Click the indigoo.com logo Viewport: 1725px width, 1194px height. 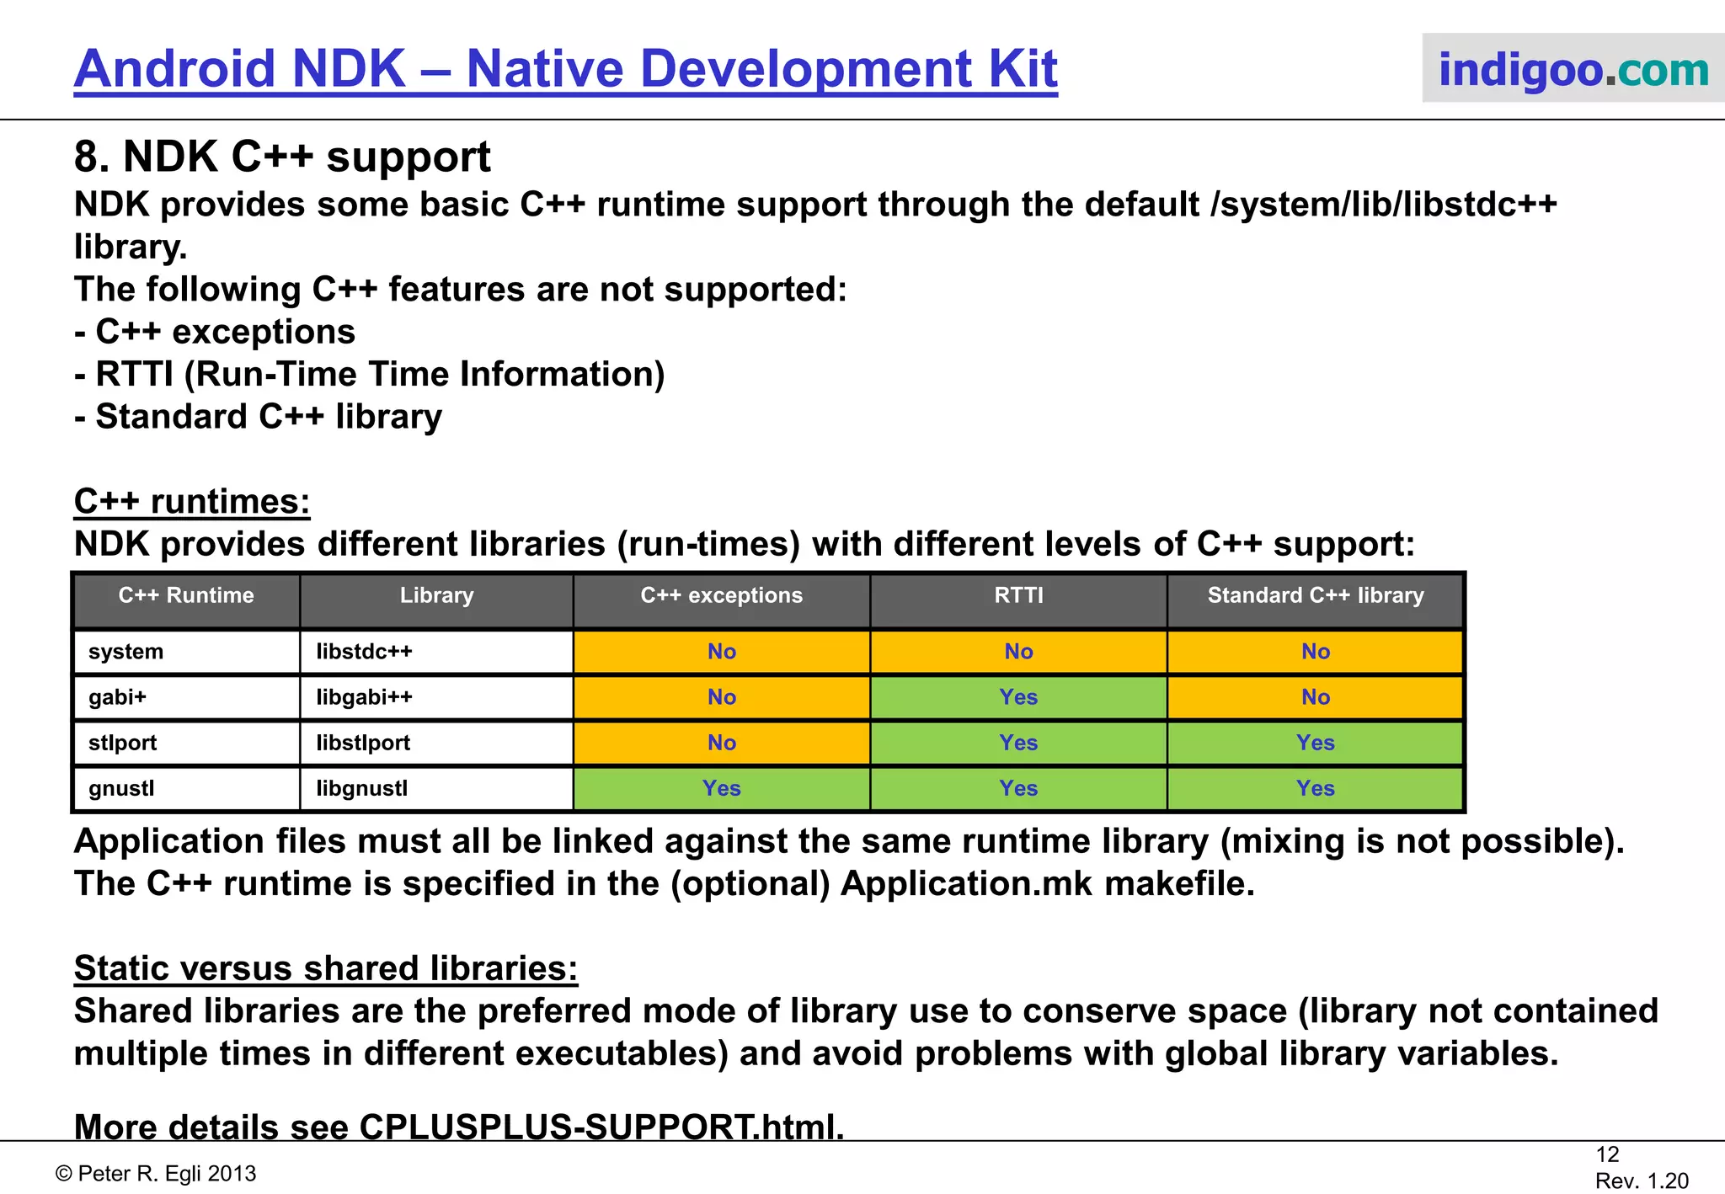[1573, 69]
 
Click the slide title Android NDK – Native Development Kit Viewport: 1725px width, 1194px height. [565, 69]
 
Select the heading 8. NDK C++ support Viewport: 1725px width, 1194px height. [282, 157]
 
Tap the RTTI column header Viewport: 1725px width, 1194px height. [1018, 596]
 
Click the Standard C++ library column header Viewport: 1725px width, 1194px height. [1315, 596]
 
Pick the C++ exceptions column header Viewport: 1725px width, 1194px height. [721, 596]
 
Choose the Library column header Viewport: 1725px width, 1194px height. [436, 596]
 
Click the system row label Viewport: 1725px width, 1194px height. [126, 652]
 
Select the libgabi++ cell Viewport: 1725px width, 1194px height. [364, 697]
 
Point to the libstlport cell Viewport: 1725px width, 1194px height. [363, 743]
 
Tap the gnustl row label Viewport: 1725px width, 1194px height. [121, 788]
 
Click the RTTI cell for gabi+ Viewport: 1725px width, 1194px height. [1018, 697]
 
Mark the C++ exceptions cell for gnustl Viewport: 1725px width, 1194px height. [721, 788]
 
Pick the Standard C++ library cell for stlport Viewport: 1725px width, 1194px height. [1315, 743]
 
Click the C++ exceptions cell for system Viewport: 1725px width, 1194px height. [721, 652]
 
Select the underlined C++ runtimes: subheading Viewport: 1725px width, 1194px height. [192, 502]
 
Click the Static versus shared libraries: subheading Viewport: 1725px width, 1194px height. [326, 968]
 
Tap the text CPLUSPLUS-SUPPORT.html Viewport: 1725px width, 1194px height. [601, 1127]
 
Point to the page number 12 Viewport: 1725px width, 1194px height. [1607, 1154]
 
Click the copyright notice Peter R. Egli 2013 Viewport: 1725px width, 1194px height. [156, 1174]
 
